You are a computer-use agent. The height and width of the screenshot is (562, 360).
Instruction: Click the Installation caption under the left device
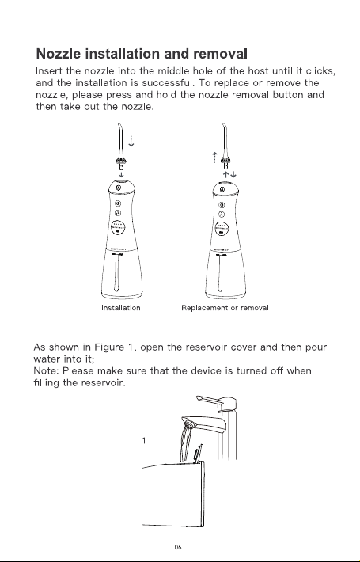121,308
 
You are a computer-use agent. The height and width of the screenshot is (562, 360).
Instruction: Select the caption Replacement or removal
225,308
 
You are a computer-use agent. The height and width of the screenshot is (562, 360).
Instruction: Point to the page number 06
178,547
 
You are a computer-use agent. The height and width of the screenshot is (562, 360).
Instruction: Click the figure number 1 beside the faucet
144,440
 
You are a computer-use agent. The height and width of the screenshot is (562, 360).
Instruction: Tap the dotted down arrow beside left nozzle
131,141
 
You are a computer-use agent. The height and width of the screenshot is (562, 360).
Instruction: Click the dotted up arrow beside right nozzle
214,158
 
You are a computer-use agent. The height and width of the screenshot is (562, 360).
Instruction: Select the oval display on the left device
118,227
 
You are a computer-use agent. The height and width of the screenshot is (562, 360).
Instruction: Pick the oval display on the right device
222,228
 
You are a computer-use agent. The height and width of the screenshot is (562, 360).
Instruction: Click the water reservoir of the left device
122,274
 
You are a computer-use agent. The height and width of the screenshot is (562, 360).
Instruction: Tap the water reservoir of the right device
225,274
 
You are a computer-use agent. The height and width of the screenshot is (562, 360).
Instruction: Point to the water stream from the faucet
186,442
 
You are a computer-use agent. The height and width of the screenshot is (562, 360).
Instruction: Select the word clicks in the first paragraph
320,71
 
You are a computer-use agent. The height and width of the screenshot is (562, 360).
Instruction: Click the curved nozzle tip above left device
119,128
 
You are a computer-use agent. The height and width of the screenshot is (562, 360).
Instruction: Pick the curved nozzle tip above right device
224,128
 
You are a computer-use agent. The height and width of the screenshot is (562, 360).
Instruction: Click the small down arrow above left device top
121,175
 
